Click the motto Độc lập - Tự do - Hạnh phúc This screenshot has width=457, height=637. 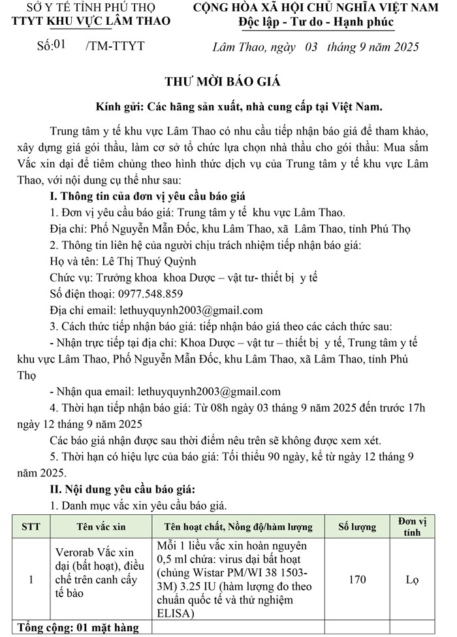(316, 23)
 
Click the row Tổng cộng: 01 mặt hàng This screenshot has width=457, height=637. (78, 628)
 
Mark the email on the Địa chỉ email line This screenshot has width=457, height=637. (189, 310)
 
